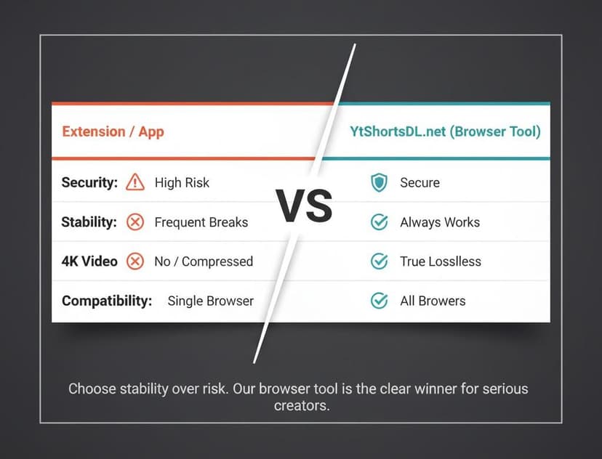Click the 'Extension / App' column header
[x=113, y=131]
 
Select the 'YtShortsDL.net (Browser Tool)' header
[x=445, y=131]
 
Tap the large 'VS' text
[x=304, y=206]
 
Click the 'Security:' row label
[x=89, y=182]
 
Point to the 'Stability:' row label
[x=89, y=222]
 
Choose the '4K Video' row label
[x=89, y=261]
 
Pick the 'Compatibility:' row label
[x=107, y=301]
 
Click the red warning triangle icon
[x=135, y=182]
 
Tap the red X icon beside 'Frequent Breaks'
[x=135, y=222]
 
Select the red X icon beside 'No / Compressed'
[x=135, y=261]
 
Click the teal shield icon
[x=379, y=182]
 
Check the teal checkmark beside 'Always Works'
[x=379, y=222]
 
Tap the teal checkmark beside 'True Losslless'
[x=379, y=261]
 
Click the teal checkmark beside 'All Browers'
[x=379, y=301]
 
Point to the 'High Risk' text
[x=182, y=182]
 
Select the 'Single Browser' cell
[x=210, y=301]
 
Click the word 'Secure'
[x=420, y=182]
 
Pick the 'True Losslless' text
[x=441, y=261]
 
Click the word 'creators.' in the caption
[x=302, y=405]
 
